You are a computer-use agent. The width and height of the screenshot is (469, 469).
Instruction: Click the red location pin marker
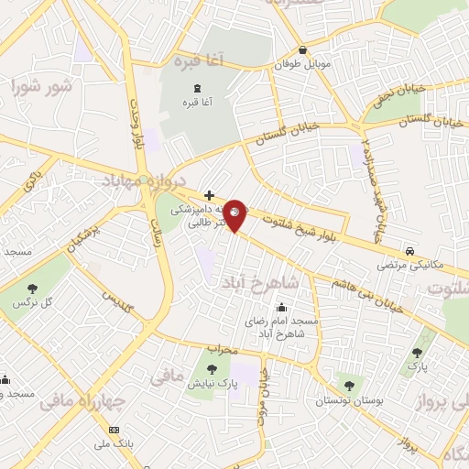[x=235, y=214]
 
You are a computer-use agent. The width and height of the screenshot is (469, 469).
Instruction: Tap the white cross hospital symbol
[x=210, y=195]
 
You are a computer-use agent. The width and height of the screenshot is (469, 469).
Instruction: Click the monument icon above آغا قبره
[x=194, y=88]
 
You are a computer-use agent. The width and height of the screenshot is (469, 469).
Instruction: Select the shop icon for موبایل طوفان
[x=301, y=51]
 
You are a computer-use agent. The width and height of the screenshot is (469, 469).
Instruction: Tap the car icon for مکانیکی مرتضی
[x=412, y=251]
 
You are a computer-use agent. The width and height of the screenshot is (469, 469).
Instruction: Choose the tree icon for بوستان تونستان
[x=349, y=386]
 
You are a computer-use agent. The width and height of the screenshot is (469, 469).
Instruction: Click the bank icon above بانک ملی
[x=114, y=430]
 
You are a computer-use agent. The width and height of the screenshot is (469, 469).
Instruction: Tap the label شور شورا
[x=42, y=88]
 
